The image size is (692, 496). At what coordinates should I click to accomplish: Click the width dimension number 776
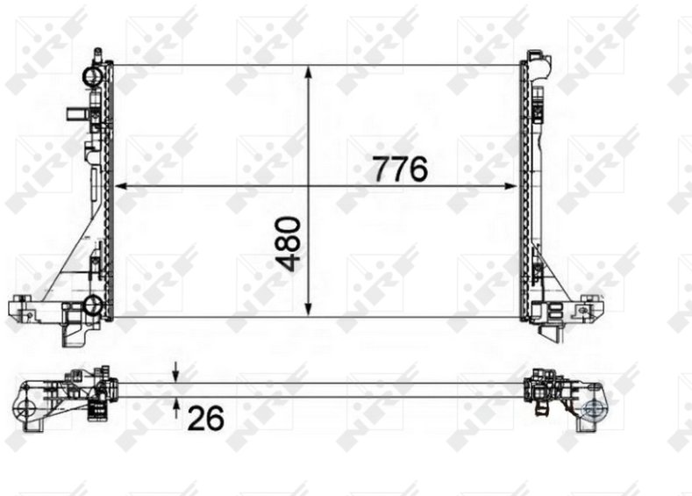[x=400, y=169]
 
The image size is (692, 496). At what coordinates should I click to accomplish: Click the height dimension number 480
[x=289, y=243]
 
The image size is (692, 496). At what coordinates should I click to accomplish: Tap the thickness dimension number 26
[x=205, y=418]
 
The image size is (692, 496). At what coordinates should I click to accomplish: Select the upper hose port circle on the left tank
[x=92, y=77]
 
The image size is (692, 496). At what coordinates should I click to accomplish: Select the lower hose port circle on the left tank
[x=93, y=305]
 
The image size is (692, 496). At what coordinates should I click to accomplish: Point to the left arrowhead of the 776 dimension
[x=121, y=186]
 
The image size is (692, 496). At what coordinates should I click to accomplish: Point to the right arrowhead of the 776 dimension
[x=510, y=186]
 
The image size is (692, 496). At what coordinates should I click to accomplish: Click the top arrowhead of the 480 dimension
[x=309, y=73]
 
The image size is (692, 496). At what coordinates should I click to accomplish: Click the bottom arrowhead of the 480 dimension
[x=309, y=310]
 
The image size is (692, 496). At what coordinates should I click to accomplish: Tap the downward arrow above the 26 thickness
[x=175, y=372]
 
